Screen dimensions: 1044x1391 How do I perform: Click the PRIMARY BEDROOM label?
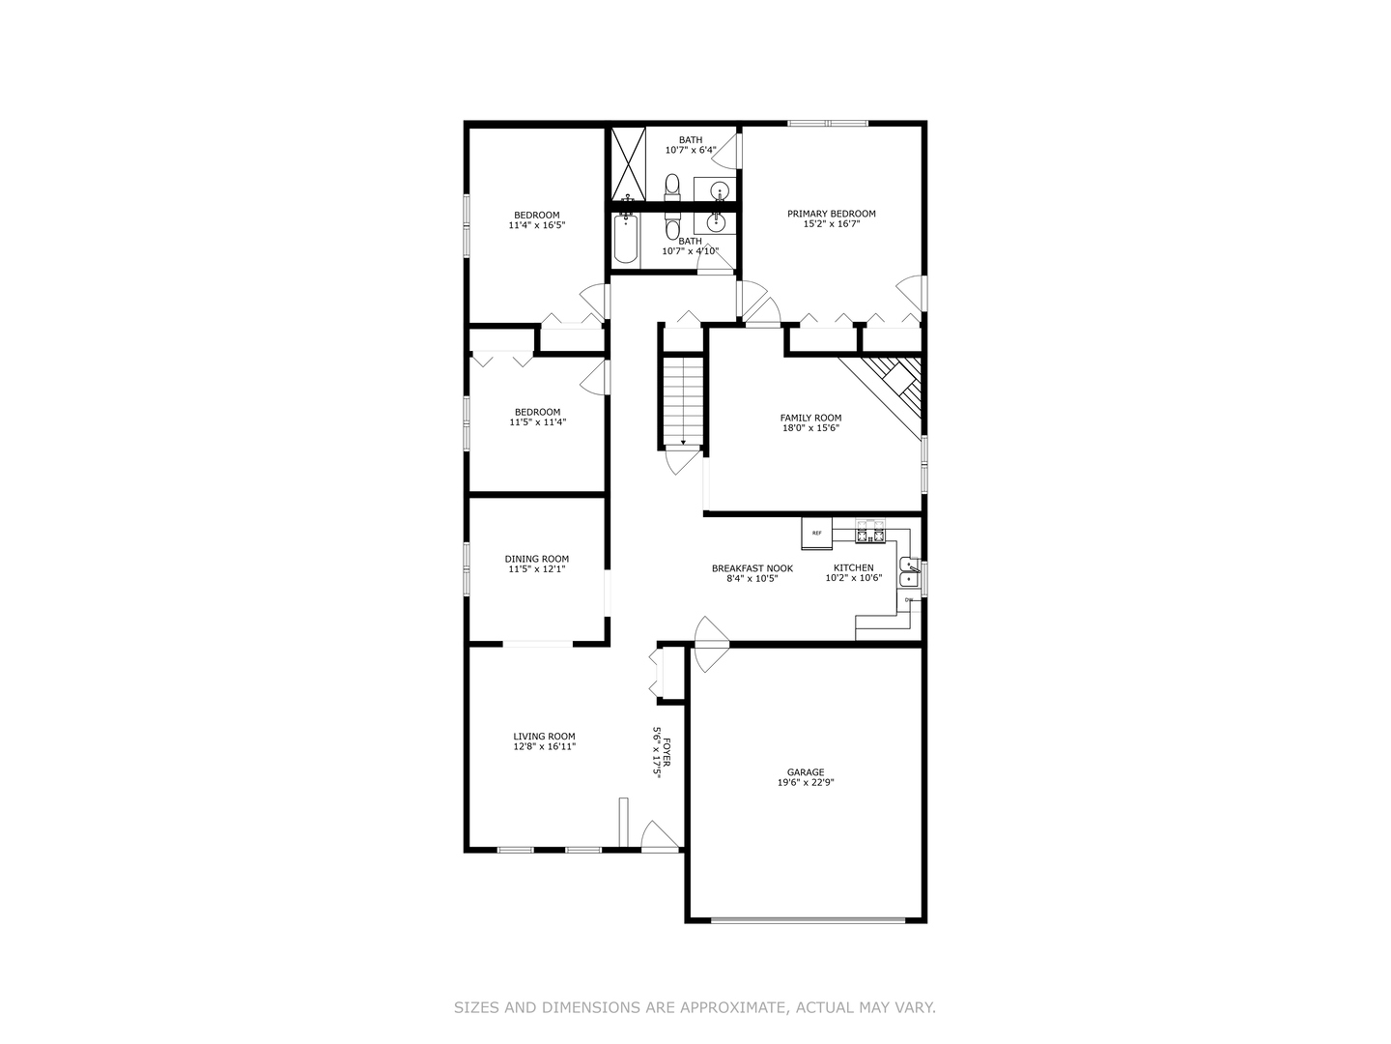[831, 214]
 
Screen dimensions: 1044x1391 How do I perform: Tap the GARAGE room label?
[805, 772]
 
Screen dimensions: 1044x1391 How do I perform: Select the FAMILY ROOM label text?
[810, 418]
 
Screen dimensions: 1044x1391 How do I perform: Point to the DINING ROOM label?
[536, 559]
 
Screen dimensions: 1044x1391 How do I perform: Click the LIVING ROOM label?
[544, 737]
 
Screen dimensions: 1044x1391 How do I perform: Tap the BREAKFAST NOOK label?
[752, 568]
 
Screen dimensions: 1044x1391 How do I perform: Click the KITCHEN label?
[853, 568]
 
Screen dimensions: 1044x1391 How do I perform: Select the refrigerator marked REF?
[816, 533]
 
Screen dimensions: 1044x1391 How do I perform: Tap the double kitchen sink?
[908, 571]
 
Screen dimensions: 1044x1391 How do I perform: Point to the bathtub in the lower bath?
[626, 239]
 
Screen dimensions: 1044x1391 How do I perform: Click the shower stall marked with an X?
[627, 163]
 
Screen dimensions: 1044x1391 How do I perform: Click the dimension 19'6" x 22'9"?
[805, 783]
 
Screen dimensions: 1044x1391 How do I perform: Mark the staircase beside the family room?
[683, 401]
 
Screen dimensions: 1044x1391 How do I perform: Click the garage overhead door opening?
[809, 919]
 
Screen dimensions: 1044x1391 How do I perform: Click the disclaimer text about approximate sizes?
[695, 1007]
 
